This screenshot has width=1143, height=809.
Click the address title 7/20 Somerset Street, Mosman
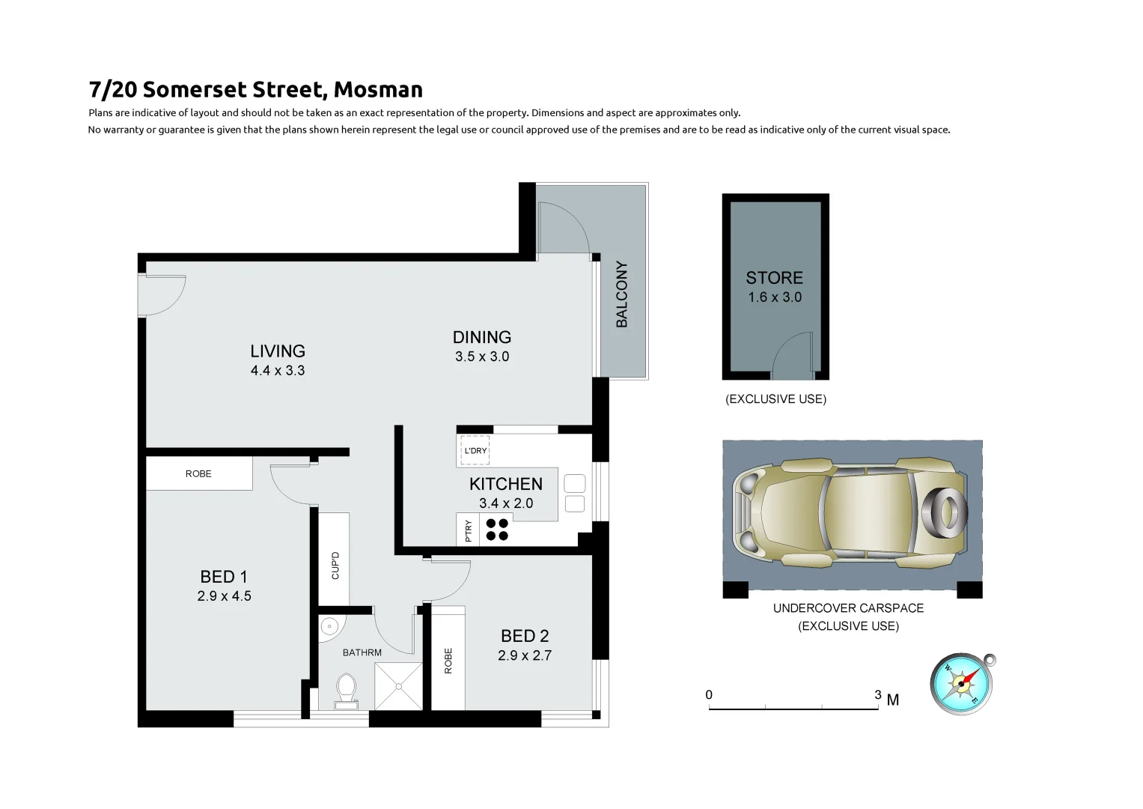(255, 90)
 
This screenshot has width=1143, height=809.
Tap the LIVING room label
(278, 351)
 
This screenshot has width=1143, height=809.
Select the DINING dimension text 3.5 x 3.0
(482, 357)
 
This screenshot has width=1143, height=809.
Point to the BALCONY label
(622, 294)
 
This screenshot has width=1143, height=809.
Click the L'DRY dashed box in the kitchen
(475, 450)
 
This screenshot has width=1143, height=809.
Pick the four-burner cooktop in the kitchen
(497, 530)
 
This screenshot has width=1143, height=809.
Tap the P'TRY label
(469, 530)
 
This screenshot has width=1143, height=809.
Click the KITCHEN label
(506, 485)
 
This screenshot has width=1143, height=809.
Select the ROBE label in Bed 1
(198, 474)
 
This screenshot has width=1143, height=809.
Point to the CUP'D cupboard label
(335, 566)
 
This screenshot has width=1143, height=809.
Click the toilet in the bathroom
(346, 690)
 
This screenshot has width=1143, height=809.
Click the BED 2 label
(525, 637)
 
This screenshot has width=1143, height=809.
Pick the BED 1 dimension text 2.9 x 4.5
(224, 596)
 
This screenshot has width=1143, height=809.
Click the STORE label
(774, 278)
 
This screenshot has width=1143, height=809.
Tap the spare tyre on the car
(945, 513)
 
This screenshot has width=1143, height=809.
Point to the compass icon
(962, 684)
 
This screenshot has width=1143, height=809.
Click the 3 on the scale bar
(878, 695)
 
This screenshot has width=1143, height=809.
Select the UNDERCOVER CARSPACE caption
(848, 608)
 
